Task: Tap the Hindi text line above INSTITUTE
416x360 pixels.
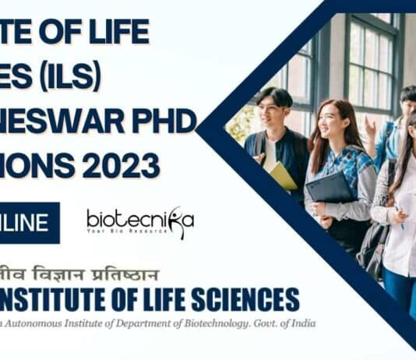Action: tap(86, 274)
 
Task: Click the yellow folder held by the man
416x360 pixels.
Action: tap(282, 175)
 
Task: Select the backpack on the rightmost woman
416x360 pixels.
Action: tap(374, 242)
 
